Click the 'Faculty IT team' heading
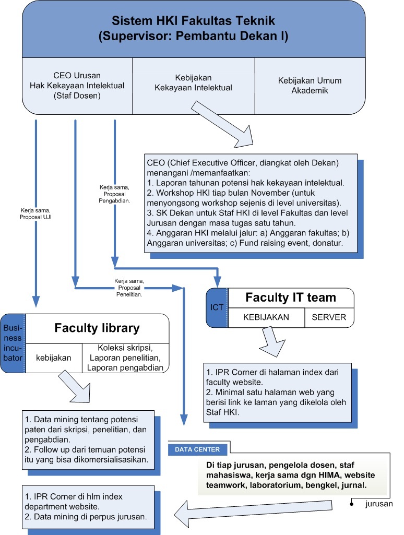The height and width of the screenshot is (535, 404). (x=291, y=298)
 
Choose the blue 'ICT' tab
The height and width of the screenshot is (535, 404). (x=217, y=307)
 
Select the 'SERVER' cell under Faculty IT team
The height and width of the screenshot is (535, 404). (x=329, y=317)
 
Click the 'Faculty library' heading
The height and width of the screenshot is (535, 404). (x=97, y=328)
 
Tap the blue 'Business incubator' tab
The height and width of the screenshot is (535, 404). (x=13, y=343)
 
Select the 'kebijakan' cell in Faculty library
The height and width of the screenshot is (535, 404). (x=53, y=359)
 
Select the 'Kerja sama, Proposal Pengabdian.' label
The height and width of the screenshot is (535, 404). (x=115, y=193)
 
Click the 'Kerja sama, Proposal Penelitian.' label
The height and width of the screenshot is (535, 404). (x=129, y=287)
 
